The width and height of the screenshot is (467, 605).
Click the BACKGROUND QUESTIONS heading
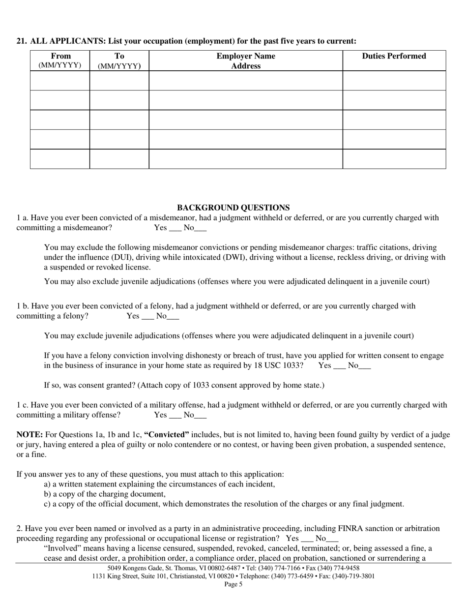(x=233, y=208)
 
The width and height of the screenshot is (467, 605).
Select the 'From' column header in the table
(x=60, y=56)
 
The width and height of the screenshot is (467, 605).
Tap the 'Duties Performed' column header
(x=394, y=56)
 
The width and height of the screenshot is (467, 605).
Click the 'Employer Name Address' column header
(x=246, y=61)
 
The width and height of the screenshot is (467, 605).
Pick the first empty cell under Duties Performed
(x=394, y=80)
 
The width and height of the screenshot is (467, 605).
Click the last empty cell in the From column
(x=60, y=159)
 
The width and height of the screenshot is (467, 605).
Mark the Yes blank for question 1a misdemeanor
(x=175, y=228)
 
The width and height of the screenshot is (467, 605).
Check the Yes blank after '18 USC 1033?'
(x=340, y=366)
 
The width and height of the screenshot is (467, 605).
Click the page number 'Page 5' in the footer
(x=233, y=584)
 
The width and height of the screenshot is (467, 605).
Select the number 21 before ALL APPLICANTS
(x=21, y=41)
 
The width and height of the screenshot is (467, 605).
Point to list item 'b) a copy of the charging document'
(x=105, y=494)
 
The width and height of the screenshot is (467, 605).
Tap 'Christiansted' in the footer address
(x=189, y=576)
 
